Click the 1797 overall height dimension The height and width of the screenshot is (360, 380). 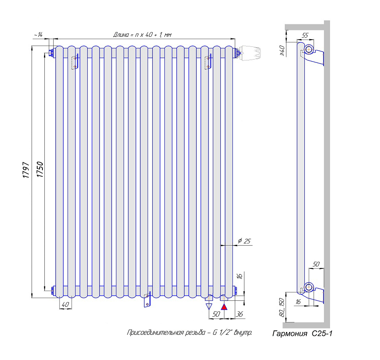[x=26, y=170]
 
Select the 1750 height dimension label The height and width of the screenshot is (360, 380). [x=40, y=170]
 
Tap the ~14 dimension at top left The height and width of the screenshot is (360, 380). [x=38, y=35]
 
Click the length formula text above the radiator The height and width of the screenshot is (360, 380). [x=142, y=35]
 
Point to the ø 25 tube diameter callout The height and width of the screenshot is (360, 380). [x=244, y=241]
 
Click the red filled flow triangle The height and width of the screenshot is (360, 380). [x=224, y=307]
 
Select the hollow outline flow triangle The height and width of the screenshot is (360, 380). [x=209, y=306]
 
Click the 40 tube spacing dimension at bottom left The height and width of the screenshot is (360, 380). [x=66, y=304]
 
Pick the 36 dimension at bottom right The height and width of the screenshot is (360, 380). [x=239, y=314]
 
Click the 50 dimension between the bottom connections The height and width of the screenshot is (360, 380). [x=216, y=314]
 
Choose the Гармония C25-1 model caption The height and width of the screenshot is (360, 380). [x=302, y=334]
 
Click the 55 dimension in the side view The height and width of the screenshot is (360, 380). [x=305, y=35]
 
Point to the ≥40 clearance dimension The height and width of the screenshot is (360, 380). [x=282, y=50]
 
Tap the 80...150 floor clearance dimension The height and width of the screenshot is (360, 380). [x=282, y=307]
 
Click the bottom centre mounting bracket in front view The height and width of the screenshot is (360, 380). [x=147, y=300]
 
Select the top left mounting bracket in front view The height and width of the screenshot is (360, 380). [x=75, y=62]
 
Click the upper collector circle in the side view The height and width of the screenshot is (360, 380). [x=309, y=50]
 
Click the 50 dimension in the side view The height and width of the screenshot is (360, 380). [x=316, y=264]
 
